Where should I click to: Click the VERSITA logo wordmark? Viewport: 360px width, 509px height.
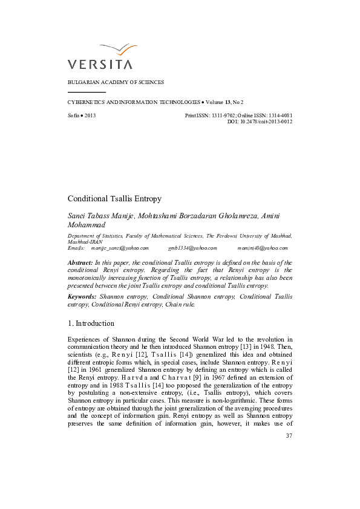[x=100, y=63]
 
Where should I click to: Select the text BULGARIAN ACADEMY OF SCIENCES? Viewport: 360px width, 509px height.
[x=116, y=82]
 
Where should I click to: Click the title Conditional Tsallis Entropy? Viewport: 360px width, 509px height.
[x=114, y=198]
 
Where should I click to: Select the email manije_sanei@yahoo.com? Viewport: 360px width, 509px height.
[x=120, y=248]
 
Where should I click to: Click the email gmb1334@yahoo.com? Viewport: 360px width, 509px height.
[x=192, y=248]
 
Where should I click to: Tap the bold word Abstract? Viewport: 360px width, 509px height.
[x=80, y=263]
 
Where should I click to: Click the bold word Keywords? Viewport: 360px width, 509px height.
[x=82, y=297]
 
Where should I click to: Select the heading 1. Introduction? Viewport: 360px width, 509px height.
[x=91, y=323]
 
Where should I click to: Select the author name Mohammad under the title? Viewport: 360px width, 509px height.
[x=85, y=224]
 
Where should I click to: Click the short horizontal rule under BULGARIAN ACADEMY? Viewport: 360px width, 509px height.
[x=87, y=92]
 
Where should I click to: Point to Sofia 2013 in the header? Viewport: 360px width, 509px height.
[x=82, y=115]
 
